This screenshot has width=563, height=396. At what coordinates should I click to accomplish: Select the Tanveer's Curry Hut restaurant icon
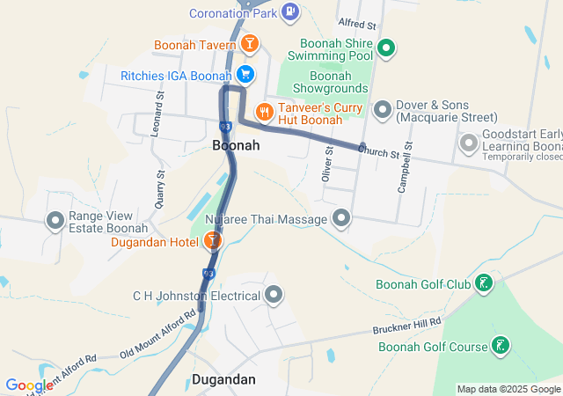point(262,112)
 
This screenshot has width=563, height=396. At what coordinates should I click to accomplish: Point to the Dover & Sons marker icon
point(383,110)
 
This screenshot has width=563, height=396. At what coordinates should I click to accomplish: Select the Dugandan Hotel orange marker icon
point(212,239)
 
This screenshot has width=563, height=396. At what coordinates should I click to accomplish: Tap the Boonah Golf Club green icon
point(483,283)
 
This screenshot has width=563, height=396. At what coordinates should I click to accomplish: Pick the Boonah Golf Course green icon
point(500,346)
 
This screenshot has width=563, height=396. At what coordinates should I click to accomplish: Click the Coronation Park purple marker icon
point(291,12)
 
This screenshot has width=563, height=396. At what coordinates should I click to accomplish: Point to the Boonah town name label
point(236,146)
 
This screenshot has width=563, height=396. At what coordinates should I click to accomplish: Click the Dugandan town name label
point(223,380)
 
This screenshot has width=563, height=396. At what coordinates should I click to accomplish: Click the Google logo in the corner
point(29,385)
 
